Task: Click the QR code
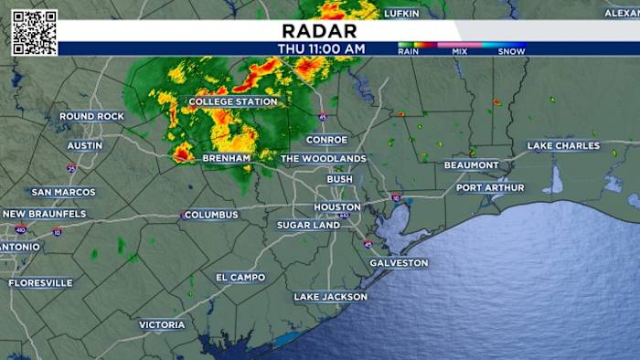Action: tap(34, 33)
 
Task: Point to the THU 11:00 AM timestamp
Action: tap(322, 48)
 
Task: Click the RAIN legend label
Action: tap(409, 52)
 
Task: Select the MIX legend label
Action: tap(459, 52)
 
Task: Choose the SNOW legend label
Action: tap(510, 52)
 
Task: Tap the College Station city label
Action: tap(232, 102)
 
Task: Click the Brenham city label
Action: tap(227, 158)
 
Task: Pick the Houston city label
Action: tap(337, 207)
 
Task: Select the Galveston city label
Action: tap(399, 263)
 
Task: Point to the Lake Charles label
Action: tap(563, 146)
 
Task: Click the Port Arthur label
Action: tap(490, 188)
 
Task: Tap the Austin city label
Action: tap(84, 146)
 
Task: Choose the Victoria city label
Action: tap(162, 325)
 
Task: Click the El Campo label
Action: tap(240, 278)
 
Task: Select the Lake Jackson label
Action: tap(330, 297)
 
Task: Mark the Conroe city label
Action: tap(326, 140)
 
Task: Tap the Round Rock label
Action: tap(91, 117)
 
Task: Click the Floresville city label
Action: tap(40, 283)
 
